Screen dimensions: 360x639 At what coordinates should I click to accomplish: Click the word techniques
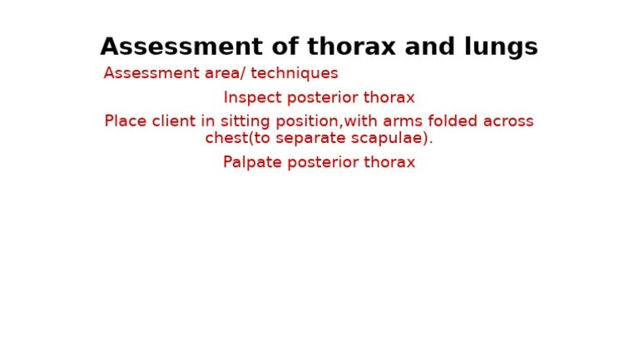[x=296, y=73]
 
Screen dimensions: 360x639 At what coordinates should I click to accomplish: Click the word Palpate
[x=252, y=163]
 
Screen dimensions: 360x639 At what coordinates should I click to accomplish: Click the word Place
[x=125, y=121]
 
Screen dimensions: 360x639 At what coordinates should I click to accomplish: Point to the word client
[x=173, y=121]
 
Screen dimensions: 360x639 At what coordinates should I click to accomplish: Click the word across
[x=509, y=121]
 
